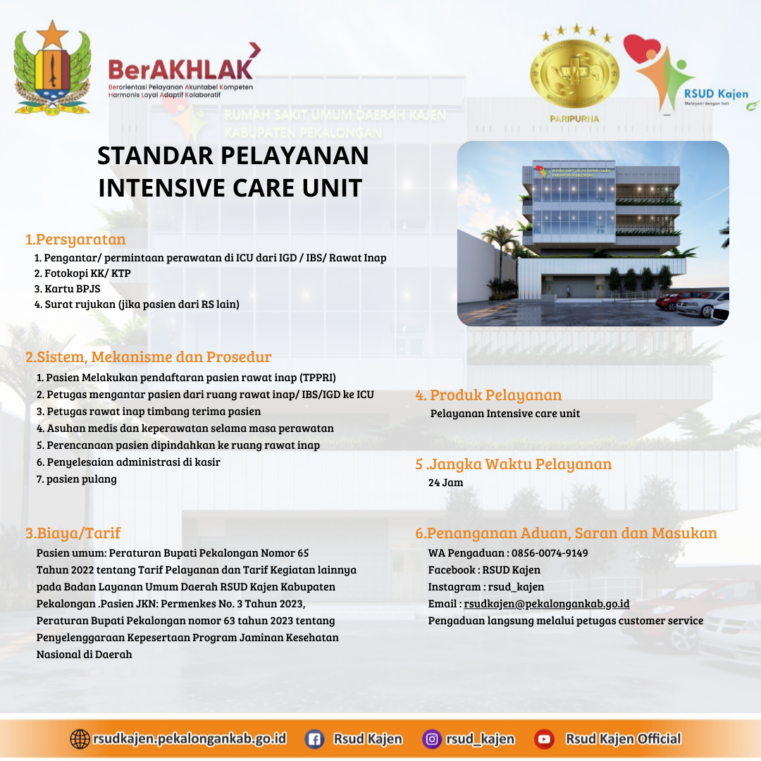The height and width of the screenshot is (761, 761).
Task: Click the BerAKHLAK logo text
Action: coord(180,69)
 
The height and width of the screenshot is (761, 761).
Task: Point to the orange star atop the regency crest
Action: coord(52,35)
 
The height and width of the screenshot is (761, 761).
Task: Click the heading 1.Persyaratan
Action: coord(75,240)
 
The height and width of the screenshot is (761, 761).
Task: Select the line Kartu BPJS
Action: coord(68,289)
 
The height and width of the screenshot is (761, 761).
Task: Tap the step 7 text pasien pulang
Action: coord(77,479)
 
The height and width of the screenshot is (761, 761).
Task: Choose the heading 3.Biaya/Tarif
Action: coord(73,533)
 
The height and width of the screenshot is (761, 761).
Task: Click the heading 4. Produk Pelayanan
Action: coord(488,395)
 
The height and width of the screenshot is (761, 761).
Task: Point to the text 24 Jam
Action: coord(445,483)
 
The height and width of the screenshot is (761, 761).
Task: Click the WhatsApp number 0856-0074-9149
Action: coord(550,553)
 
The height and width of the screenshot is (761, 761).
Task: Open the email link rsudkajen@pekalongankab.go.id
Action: coord(547,604)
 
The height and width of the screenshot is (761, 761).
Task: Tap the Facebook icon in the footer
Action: coord(314,739)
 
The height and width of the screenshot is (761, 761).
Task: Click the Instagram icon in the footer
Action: coord(431,739)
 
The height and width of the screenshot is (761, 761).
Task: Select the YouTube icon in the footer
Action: coord(544,739)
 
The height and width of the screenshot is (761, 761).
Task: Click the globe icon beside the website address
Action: coord(80,739)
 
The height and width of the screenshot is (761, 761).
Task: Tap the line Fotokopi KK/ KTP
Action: coord(82,273)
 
